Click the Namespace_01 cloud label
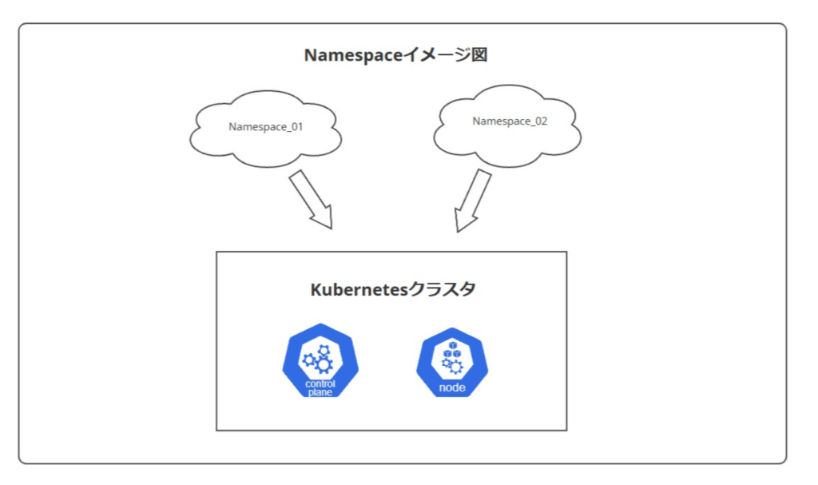265,126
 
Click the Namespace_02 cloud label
510,121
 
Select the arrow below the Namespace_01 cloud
310,200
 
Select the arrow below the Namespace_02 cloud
473,201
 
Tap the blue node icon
451,363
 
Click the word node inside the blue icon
451,388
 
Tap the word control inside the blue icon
320,384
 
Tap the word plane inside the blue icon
320,392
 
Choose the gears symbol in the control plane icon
318,359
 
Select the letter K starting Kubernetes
316,289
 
